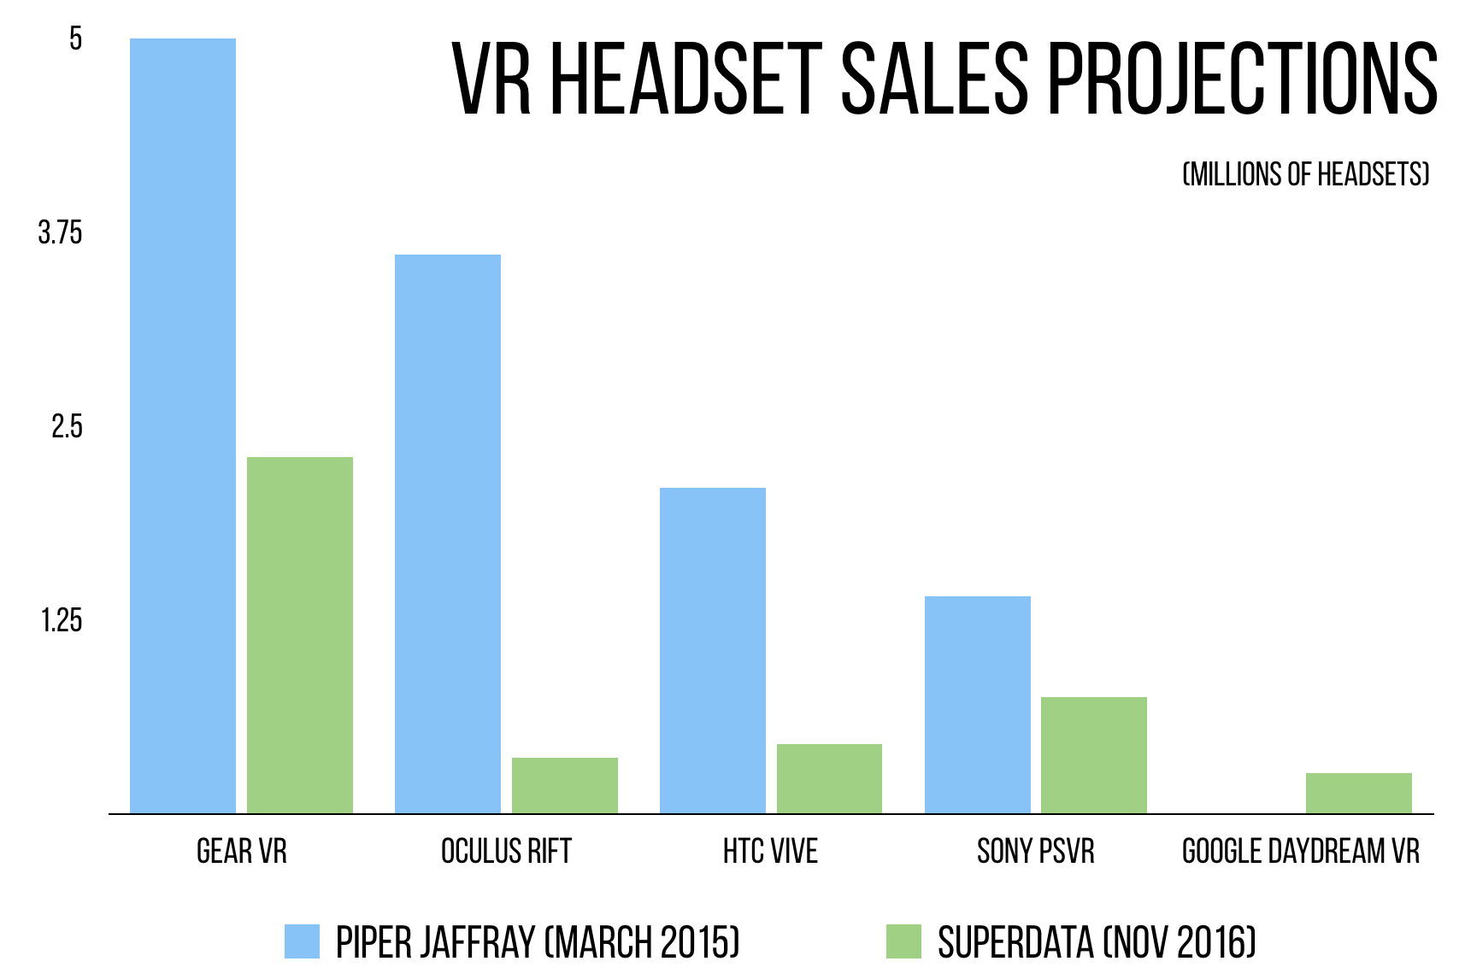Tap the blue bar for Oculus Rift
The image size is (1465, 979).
tap(447, 533)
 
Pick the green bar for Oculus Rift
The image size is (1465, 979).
tap(564, 785)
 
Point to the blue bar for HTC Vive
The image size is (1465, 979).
tap(712, 650)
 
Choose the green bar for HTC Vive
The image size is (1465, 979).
tap(829, 778)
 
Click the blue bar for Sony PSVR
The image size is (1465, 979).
tap(977, 704)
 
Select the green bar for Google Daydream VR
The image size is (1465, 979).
tap(1358, 793)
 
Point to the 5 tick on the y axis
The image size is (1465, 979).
tap(75, 38)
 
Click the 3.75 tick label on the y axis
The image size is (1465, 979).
tap(60, 232)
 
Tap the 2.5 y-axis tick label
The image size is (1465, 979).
tap(67, 426)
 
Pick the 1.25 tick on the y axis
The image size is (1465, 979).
tap(61, 620)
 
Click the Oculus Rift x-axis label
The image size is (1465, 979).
tap(506, 852)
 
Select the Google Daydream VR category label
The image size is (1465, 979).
tap(1300, 852)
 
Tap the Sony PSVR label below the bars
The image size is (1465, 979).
tap(1035, 852)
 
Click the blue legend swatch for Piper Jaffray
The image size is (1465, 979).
tap(302, 941)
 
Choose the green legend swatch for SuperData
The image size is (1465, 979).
tap(903, 941)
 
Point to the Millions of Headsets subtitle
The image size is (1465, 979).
tap(1305, 174)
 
